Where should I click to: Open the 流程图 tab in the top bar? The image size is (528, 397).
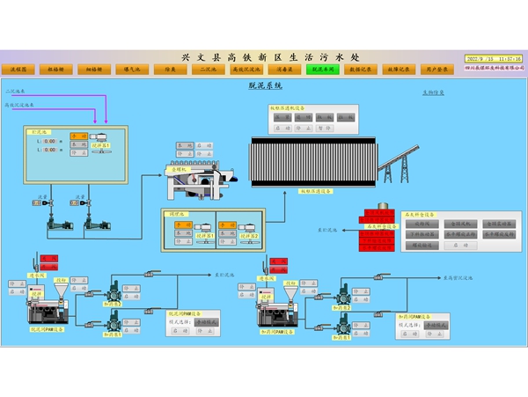pos(18,68)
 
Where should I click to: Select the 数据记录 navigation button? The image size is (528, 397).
pos(359,68)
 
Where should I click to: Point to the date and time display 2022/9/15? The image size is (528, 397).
pos(492,58)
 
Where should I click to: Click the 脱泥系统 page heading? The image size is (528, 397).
pos(265,86)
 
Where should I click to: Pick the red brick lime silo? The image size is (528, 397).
pos(379,231)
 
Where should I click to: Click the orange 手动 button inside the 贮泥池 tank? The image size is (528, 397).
pos(77,136)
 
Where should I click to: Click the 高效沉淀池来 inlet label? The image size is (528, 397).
pos(20,105)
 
